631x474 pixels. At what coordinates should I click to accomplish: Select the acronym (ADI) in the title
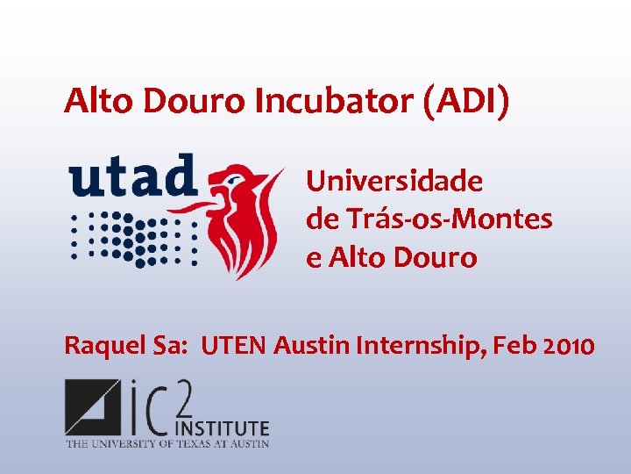(466, 101)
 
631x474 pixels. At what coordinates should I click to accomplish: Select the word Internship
(421, 347)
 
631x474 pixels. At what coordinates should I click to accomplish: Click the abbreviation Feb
(511, 347)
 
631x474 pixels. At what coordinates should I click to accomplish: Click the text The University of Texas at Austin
(167, 444)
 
